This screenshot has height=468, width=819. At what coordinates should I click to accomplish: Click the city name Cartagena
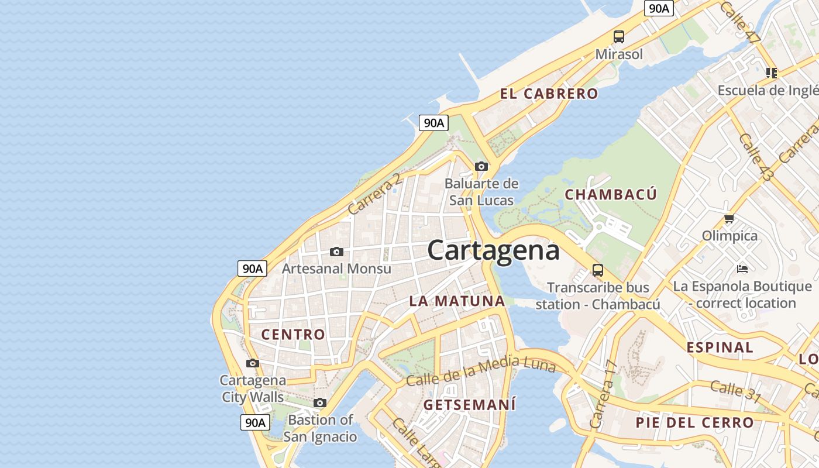tap(493, 250)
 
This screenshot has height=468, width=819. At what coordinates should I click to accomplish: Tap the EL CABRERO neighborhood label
tap(549, 94)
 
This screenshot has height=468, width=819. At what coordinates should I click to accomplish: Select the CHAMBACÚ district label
tap(611, 195)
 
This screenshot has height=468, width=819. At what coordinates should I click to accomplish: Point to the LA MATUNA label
tap(457, 301)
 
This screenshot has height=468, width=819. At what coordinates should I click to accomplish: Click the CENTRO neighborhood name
tap(293, 335)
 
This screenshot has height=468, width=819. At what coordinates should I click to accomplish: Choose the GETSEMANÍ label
tap(470, 404)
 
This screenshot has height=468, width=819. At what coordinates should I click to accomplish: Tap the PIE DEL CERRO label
tap(695, 422)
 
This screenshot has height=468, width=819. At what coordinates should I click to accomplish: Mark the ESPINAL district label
tap(720, 347)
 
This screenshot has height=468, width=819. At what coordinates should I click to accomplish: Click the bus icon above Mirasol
tap(618, 37)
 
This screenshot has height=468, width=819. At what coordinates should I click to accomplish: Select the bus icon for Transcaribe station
tap(597, 270)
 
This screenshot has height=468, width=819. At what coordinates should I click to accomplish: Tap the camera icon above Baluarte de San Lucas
tap(481, 167)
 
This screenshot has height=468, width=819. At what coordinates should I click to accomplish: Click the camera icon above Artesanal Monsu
tap(336, 252)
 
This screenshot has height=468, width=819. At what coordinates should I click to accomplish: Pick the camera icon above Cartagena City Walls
tap(252, 363)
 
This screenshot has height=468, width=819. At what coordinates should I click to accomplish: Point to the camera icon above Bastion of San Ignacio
tap(319, 402)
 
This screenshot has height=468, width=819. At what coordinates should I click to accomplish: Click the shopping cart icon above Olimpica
tap(729, 219)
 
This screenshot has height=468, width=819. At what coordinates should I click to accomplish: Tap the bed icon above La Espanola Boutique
tap(742, 269)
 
